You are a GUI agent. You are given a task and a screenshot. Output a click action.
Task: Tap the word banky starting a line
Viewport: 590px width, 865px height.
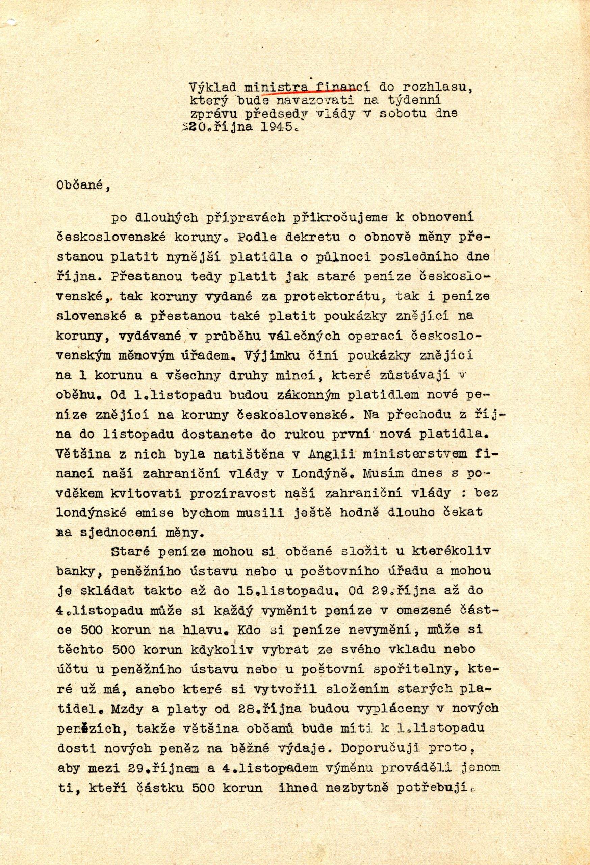76,572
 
